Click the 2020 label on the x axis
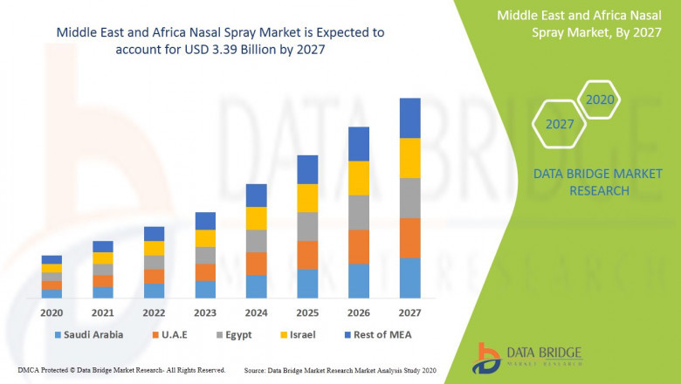pos(52,312)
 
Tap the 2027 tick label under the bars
pos(409,312)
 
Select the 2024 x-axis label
pos(256,312)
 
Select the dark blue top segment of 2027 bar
pos(409,118)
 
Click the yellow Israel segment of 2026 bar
pos(359,178)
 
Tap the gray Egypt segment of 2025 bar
pos(307,226)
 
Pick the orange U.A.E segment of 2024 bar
pos(256,264)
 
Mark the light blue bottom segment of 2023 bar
pos(205,290)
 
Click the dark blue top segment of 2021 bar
pos(103,246)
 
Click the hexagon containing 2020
pos(600,100)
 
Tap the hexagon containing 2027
pos(560,124)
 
